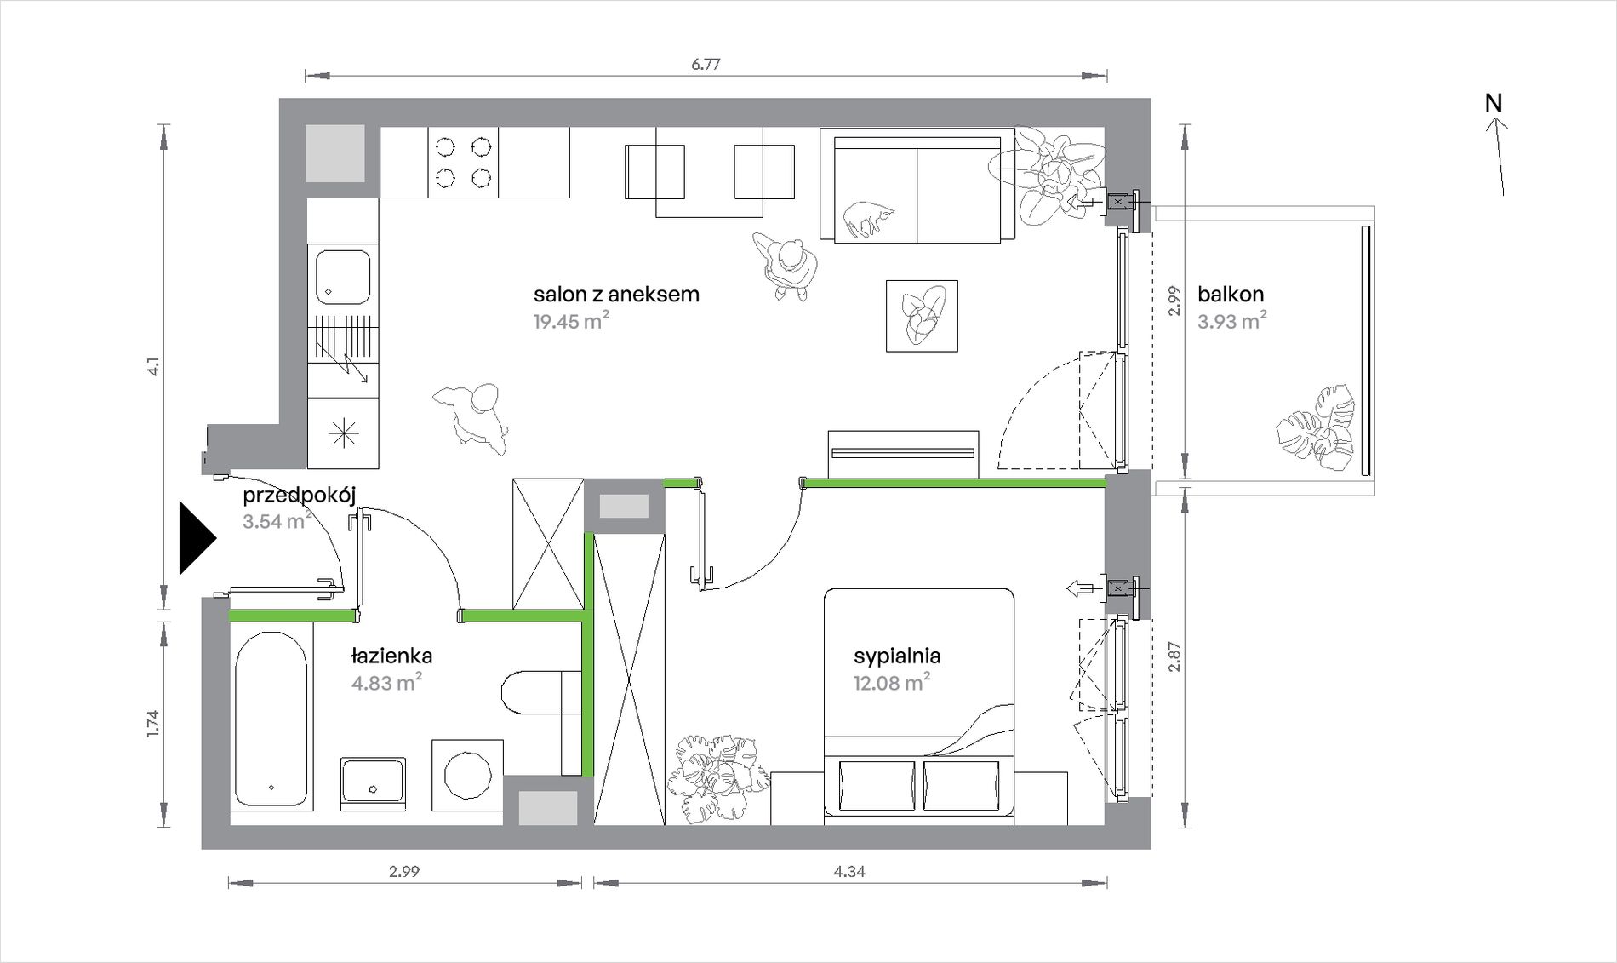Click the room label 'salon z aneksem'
(616, 295)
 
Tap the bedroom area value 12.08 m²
(891, 682)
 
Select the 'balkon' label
(1231, 295)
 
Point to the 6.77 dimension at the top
(706, 64)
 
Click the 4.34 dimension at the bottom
(849, 871)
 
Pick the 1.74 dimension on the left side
(153, 723)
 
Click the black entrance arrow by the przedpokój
(197, 538)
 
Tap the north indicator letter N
(1494, 103)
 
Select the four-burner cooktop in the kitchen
(463, 163)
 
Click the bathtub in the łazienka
(271, 719)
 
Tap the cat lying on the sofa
(868, 218)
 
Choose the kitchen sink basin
(343, 276)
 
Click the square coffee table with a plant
(922, 316)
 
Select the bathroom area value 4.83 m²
(387, 682)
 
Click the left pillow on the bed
(877, 785)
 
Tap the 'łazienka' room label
(391, 656)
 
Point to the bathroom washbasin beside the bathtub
(373, 780)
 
